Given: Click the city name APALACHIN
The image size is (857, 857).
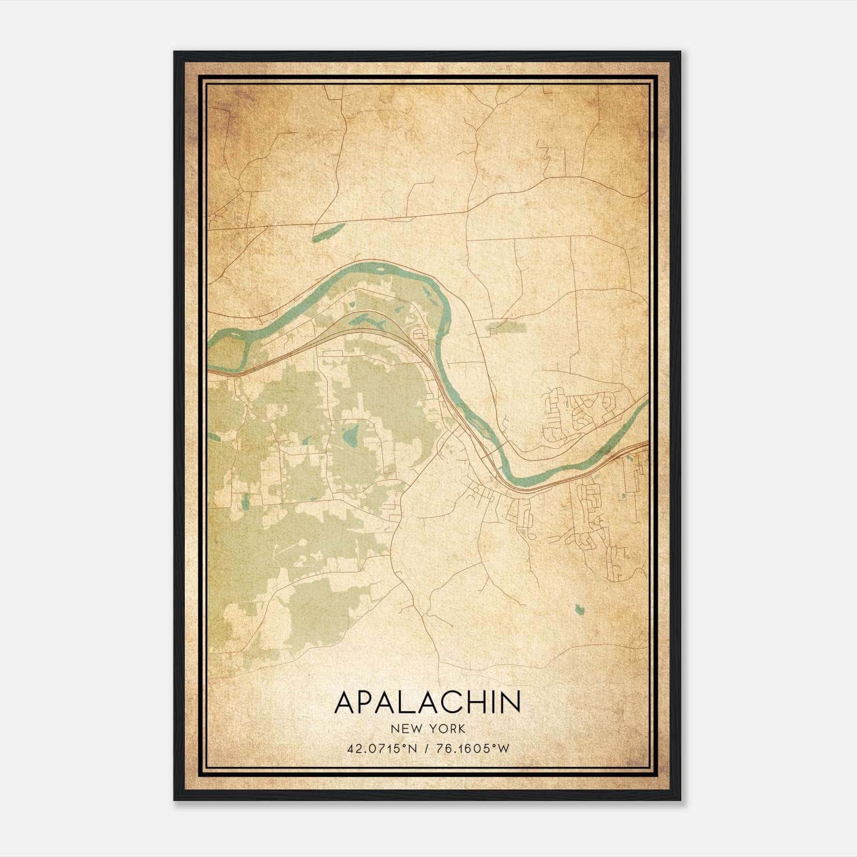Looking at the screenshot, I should [427, 702].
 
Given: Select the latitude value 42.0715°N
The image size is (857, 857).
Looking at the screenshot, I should [381, 748].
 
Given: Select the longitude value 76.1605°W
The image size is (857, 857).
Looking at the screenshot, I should [471, 748].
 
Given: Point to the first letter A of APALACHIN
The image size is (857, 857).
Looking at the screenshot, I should [344, 702].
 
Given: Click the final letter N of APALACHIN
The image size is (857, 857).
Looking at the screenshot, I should [510, 702].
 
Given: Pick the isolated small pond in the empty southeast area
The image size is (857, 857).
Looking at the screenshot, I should [578, 609].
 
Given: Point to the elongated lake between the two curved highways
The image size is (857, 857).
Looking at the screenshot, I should [370, 321].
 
